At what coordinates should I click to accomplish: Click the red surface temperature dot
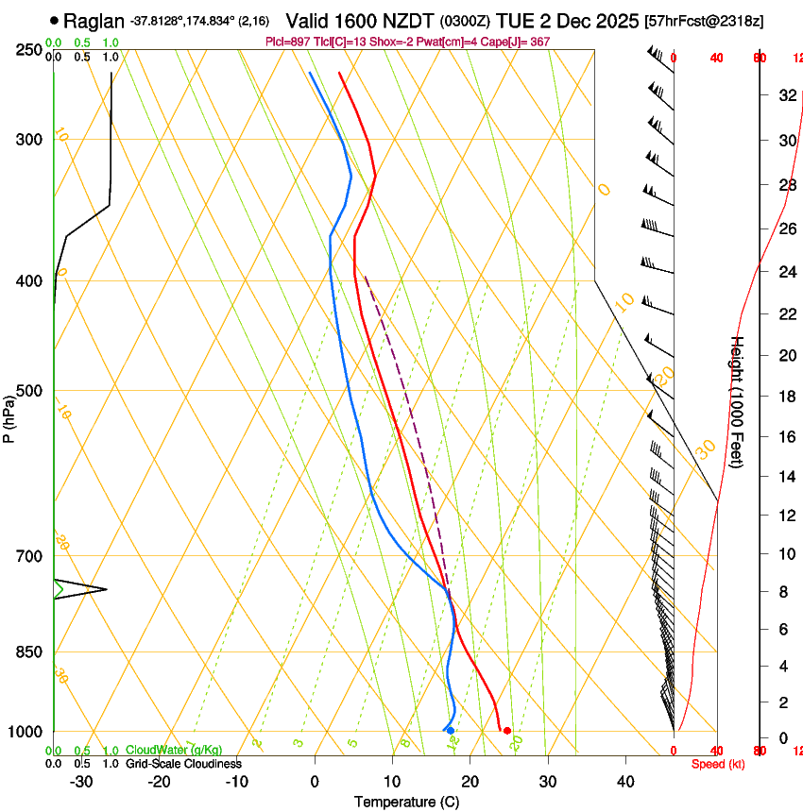pyautogui.click(x=507, y=731)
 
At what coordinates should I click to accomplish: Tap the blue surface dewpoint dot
pyautogui.click(x=451, y=731)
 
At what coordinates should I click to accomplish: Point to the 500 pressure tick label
pyautogui.click(x=28, y=392)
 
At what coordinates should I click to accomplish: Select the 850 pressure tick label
pyautogui.click(x=28, y=652)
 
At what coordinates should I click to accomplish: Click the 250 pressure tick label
pyautogui.click(x=28, y=50)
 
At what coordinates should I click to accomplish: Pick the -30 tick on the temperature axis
pyautogui.click(x=80, y=782)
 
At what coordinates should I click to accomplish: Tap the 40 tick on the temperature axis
pyautogui.click(x=625, y=782)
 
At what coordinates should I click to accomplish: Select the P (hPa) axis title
pyautogui.click(x=9, y=416)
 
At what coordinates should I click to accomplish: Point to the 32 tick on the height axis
pyautogui.click(x=786, y=95)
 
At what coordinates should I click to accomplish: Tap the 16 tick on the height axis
pyautogui.click(x=786, y=437)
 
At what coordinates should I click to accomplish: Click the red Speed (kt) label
pyautogui.click(x=718, y=764)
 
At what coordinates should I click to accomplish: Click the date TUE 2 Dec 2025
pyautogui.click(x=563, y=20)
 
